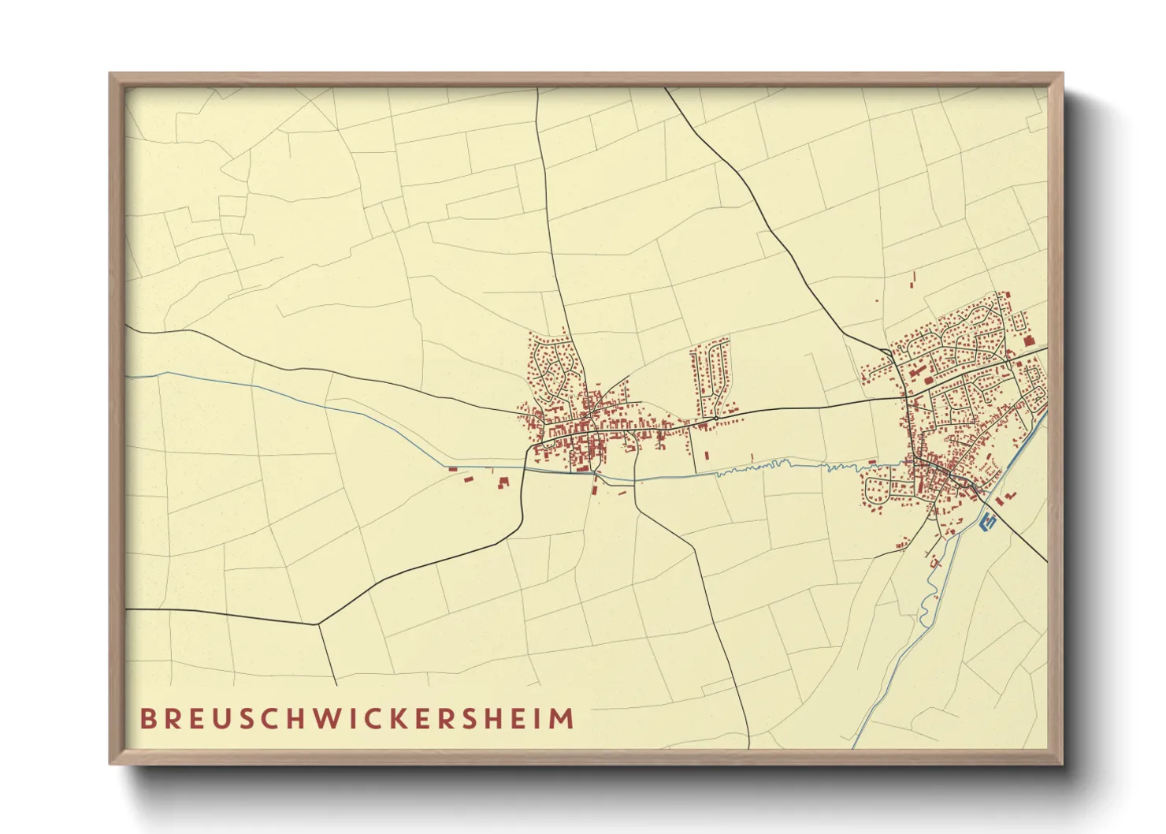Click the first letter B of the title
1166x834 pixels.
click(147, 719)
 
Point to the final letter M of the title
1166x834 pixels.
click(562, 719)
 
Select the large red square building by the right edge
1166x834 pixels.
click(1028, 340)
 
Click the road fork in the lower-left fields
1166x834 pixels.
click(318, 625)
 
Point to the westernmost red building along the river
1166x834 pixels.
click(452, 470)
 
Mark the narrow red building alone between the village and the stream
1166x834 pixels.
click(706, 455)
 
